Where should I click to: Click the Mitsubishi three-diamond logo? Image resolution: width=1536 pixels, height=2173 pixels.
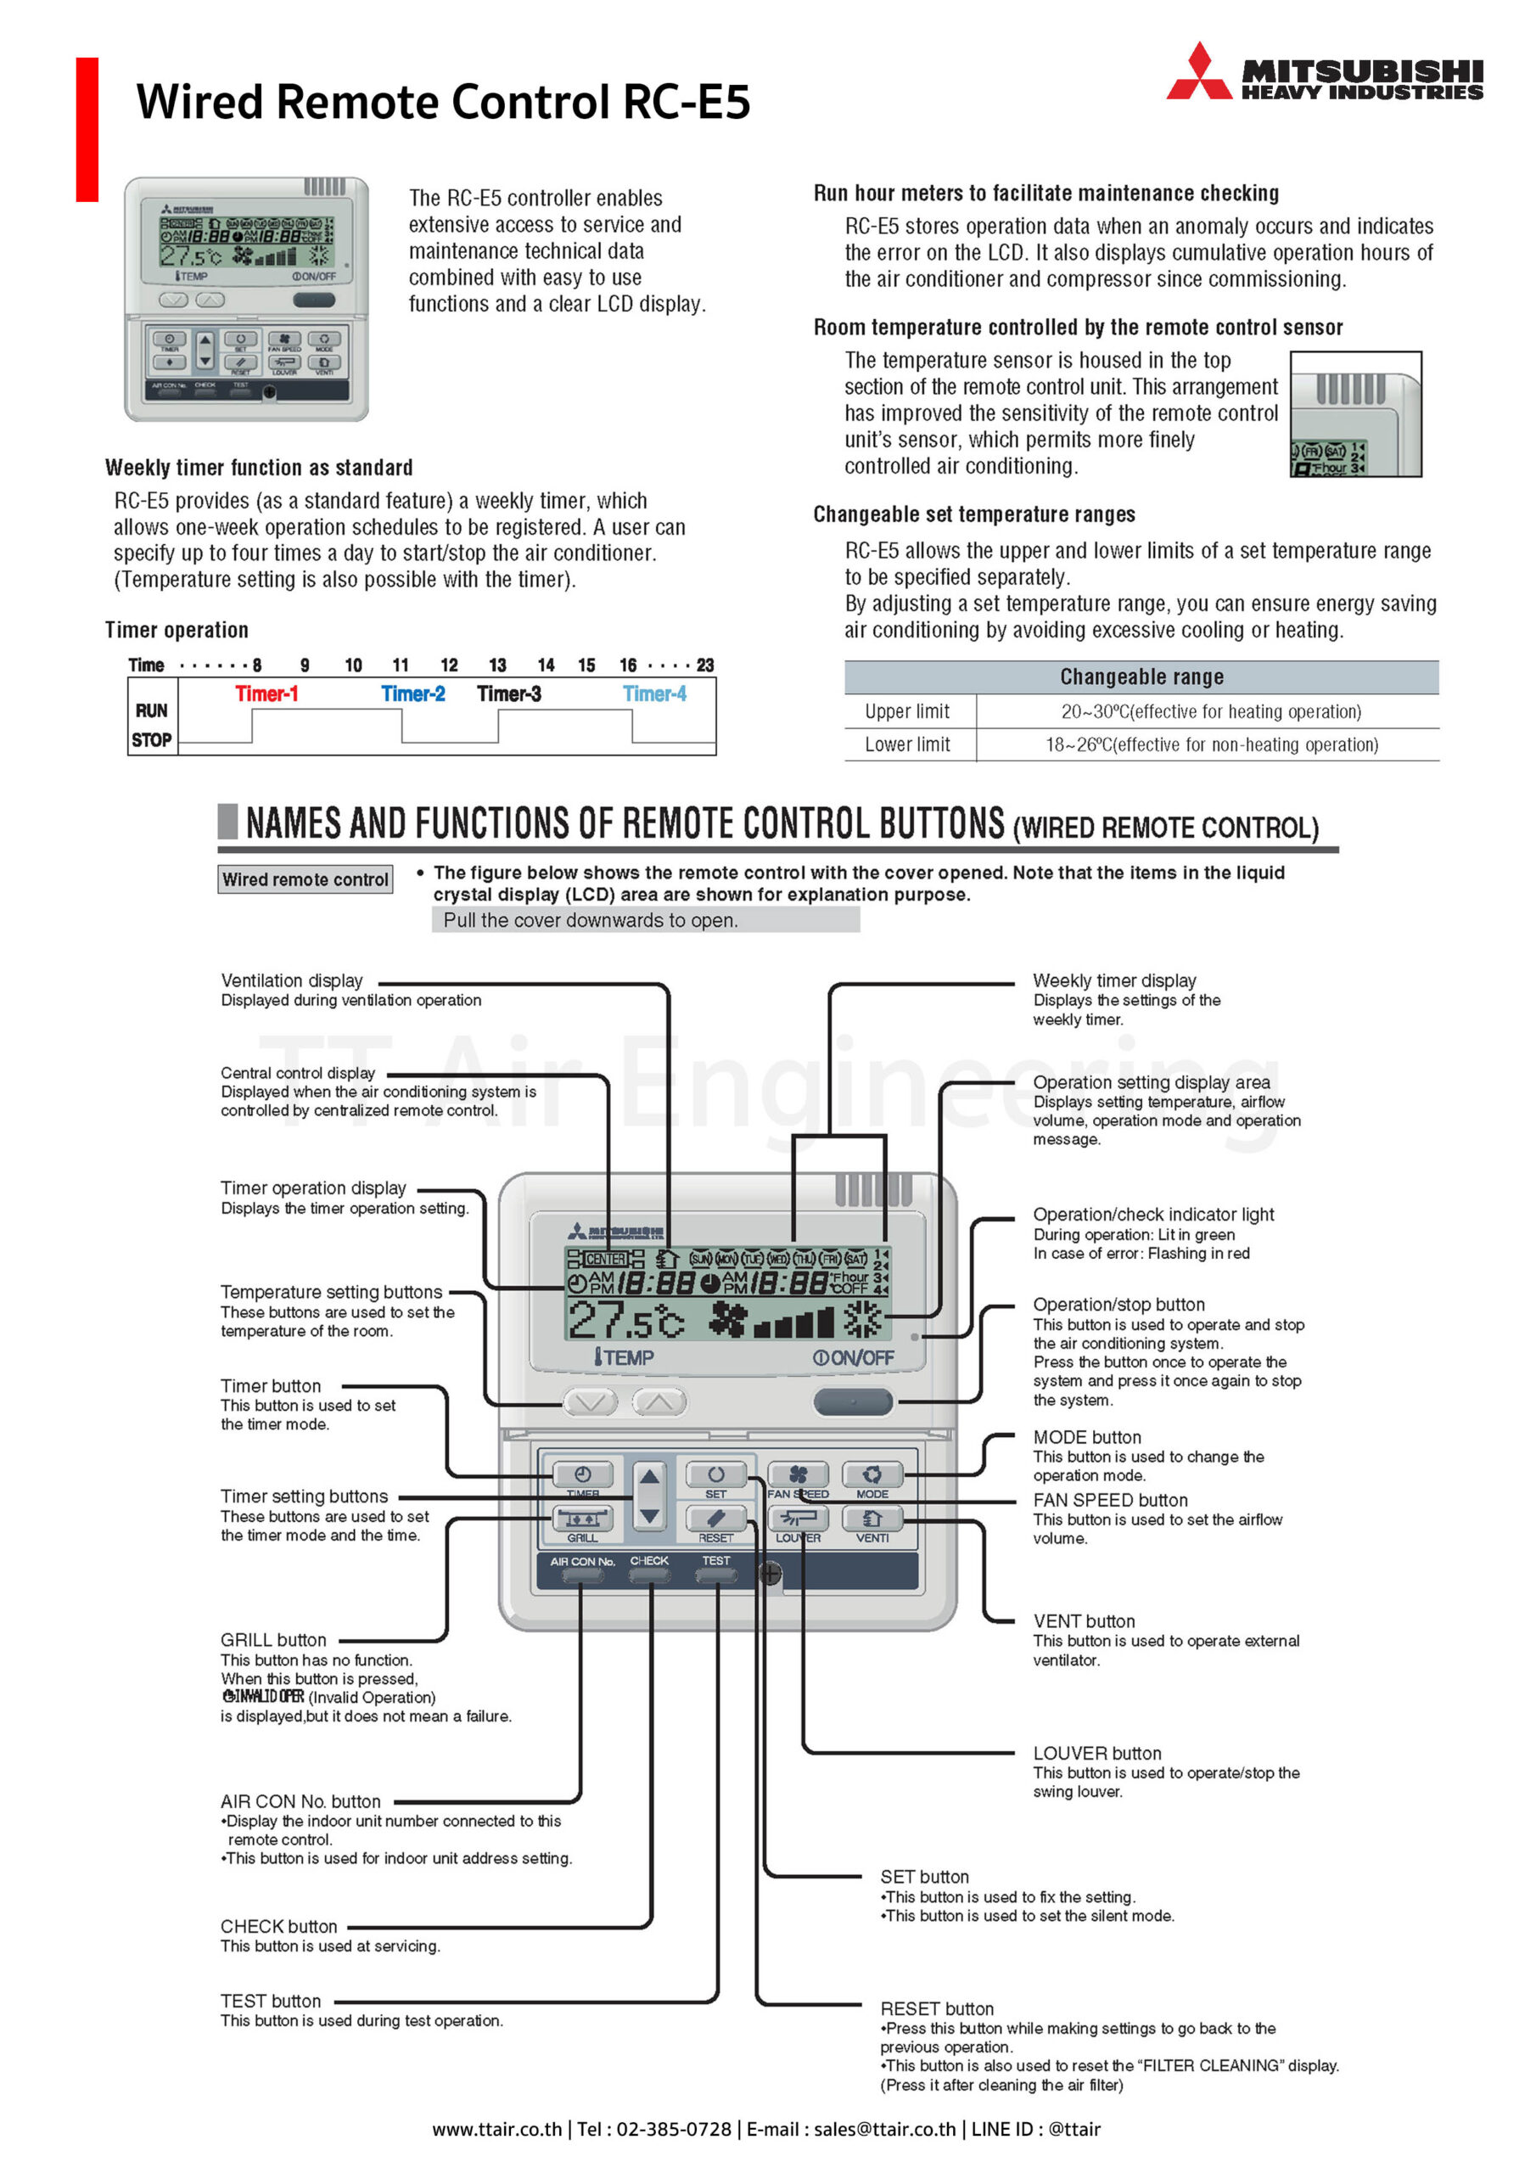(x=1198, y=72)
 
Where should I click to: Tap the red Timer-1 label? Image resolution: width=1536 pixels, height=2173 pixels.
(x=266, y=693)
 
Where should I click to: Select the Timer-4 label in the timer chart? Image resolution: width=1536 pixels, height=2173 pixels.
(x=654, y=693)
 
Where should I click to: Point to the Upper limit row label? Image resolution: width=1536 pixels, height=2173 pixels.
(x=906, y=711)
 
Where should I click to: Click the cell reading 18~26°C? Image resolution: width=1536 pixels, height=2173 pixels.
(x=1210, y=744)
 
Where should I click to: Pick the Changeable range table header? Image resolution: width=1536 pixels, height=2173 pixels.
(x=1141, y=677)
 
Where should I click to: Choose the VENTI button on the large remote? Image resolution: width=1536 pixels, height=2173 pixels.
(x=871, y=1519)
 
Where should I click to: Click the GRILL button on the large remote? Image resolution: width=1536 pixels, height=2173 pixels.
(x=582, y=1519)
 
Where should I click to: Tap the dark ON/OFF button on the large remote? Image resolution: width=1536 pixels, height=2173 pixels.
(x=852, y=1401)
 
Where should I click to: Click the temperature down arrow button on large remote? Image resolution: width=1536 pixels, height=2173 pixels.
(x=591, y=1401)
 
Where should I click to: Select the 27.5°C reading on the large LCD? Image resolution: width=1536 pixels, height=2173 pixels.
(x=625, y=1319)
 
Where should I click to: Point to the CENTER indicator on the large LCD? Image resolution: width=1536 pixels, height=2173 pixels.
(x=605, y=1259)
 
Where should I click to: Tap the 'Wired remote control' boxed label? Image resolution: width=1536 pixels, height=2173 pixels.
(x=305, y=879)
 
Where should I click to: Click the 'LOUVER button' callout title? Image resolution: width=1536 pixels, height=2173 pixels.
(x=1097, y=1754)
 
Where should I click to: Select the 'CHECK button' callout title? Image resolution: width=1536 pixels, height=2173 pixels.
(x=278, y=1926)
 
